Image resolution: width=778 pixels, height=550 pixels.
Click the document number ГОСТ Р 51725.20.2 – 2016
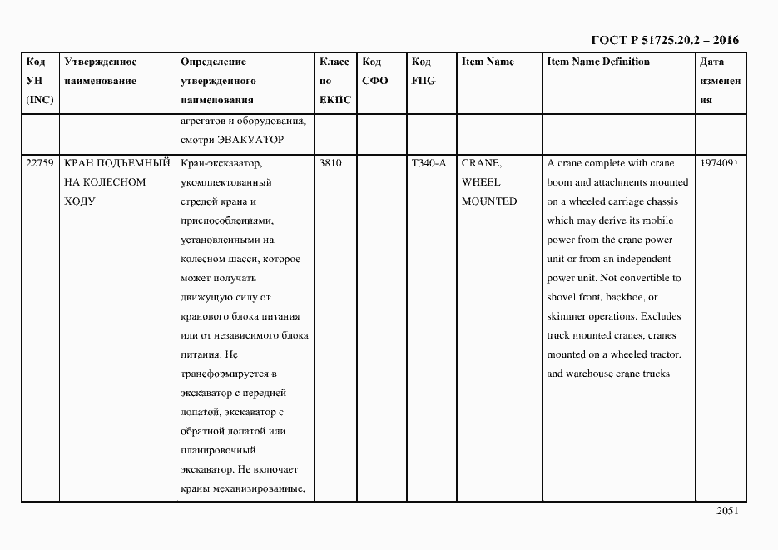(664, 39)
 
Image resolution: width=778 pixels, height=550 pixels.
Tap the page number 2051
(726, 512)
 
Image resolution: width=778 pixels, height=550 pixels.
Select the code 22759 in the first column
(39, 163)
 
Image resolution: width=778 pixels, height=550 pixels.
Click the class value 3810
(330, 163)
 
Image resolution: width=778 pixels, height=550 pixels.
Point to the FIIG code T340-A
(429, 163)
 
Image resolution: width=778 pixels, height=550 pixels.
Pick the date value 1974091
(720, 163)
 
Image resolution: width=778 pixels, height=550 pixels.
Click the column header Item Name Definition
(598, 62)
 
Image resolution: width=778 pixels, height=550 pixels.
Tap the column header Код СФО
(375, 72)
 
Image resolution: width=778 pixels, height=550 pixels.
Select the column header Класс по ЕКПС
(334, 81)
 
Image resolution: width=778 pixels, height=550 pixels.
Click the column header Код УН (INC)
(39, 81)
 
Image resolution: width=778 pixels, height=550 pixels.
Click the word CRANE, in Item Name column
(482, 163)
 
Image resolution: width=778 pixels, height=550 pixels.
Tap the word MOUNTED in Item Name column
(489, 201)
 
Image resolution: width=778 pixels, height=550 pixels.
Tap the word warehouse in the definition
(592, 374)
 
